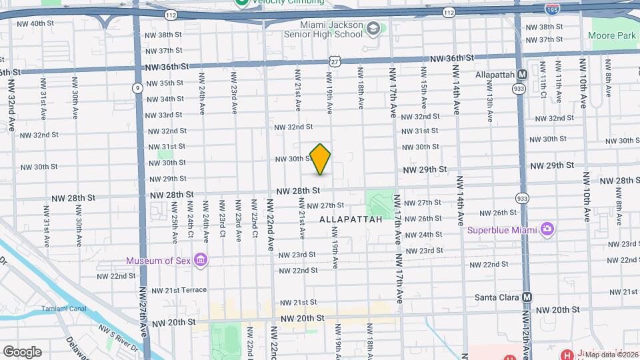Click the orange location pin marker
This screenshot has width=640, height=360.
[321, 159]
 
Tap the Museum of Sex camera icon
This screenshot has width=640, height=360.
[201, 260]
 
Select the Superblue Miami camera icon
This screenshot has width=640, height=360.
[547, 229]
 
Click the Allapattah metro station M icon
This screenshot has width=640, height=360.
[523, 75]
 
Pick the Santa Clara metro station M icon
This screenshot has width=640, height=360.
[528, 297]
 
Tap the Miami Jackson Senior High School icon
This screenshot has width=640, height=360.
[373, 29]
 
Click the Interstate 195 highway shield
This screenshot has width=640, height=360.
[551, 10]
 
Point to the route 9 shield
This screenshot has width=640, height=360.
[137, 87]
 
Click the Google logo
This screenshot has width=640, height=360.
[21, 351]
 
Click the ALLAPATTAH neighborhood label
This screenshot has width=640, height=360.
[351, 219]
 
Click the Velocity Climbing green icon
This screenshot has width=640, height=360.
[241, 3]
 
